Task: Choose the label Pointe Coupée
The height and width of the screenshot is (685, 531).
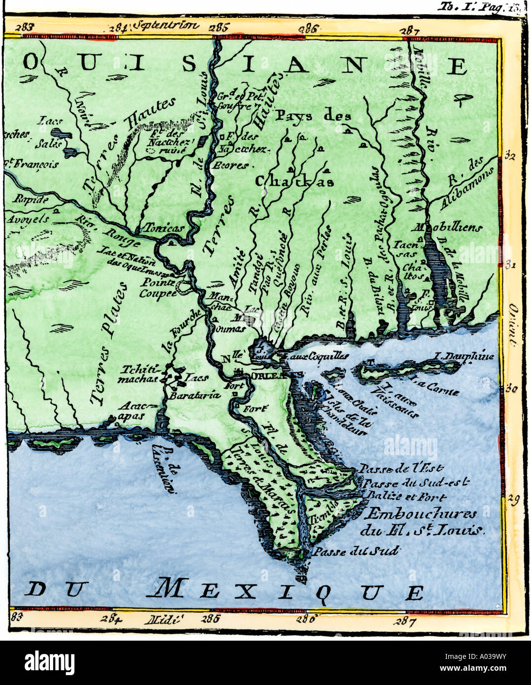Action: coord(158,288)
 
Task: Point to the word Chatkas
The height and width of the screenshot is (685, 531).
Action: coord(294,181)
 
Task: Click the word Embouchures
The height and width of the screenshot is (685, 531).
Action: coord(421,514)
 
